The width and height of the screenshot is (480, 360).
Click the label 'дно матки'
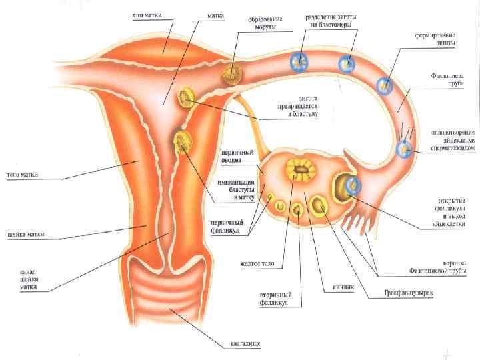pyautogui.click(x=149, y=14)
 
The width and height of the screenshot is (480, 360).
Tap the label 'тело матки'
pyautogui.click(x=23, y=176)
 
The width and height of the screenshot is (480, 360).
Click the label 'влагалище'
pyautogui.click(x=245, y=344)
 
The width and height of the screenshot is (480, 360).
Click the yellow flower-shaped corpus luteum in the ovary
pyautogui.click(x=299, y=173)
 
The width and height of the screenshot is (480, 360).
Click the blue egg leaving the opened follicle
pyautogui.click(x=353, y=185)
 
